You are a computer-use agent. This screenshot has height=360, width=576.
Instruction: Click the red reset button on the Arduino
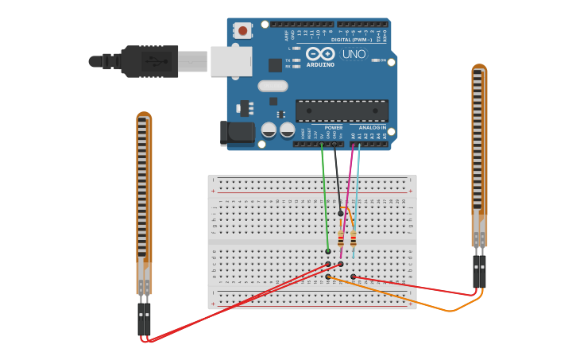(x=242, y=31)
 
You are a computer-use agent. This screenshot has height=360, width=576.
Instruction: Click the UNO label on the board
(x=354, y=54)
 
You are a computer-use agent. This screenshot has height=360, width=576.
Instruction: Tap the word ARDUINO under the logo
(x=321, y=64)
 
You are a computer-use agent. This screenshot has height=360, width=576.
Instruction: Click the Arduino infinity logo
(x=320, y=53)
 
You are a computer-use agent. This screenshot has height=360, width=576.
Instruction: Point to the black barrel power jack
(x=237, y=134)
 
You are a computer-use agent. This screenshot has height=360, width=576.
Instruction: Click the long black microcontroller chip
(x=342, y=110)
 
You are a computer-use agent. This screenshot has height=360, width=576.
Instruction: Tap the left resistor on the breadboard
(x=341, y=238)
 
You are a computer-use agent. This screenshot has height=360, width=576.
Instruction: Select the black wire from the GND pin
(x=337, y=179)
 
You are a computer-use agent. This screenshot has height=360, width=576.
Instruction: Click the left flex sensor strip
(x=143, y=199)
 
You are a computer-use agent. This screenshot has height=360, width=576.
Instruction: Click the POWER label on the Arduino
(x=334, y=127)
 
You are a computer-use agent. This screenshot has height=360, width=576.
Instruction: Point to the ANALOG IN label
(x=372, y=127)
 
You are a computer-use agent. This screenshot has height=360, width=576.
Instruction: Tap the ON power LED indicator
(x=373, y=60)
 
